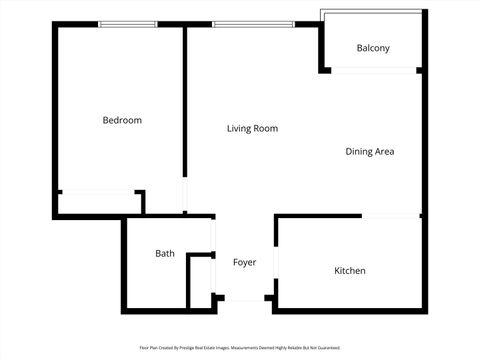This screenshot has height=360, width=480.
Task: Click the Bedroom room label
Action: [x=122, y=120]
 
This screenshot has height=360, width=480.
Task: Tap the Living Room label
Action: [x=252, y=128]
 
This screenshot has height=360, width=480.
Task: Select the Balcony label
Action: [x=373, y=48]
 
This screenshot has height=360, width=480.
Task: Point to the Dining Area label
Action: [x=370, y=152]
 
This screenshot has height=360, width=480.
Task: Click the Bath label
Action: [x=165, y=253]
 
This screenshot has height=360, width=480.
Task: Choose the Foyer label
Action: [x=244, y=262]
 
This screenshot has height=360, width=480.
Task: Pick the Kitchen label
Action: [x=349, y=271]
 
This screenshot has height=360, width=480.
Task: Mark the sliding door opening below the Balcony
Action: [x=373, y=70]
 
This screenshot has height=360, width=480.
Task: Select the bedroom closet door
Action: [x=98, y=191]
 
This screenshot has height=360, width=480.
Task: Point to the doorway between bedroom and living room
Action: [x=184, y=195]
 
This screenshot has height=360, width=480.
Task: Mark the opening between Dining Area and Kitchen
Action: [x=391, y=215]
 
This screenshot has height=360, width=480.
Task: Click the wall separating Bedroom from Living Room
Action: [x=184, y=100]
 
